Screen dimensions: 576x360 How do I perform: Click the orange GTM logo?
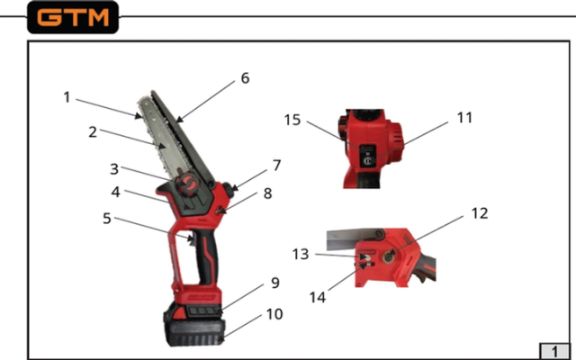73,17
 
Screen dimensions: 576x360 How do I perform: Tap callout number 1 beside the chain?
67,97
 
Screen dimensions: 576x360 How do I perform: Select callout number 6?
245,78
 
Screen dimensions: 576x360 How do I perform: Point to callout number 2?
93,132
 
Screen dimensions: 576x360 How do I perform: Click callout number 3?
114,169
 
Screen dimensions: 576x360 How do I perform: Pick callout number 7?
277,166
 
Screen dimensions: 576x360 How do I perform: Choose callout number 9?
275,283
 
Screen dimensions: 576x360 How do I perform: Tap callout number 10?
274,314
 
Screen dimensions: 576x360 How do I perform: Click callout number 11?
464,118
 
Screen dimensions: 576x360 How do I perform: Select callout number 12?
480,213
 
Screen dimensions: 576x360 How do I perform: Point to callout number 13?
301,254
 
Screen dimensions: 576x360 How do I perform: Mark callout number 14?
318,297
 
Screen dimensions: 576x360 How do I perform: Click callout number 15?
292,120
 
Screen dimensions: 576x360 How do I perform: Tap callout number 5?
107,218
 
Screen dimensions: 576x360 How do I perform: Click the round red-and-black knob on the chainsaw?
187,182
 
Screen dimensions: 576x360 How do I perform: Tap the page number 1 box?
554,351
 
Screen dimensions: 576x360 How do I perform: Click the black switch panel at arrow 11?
368,156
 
